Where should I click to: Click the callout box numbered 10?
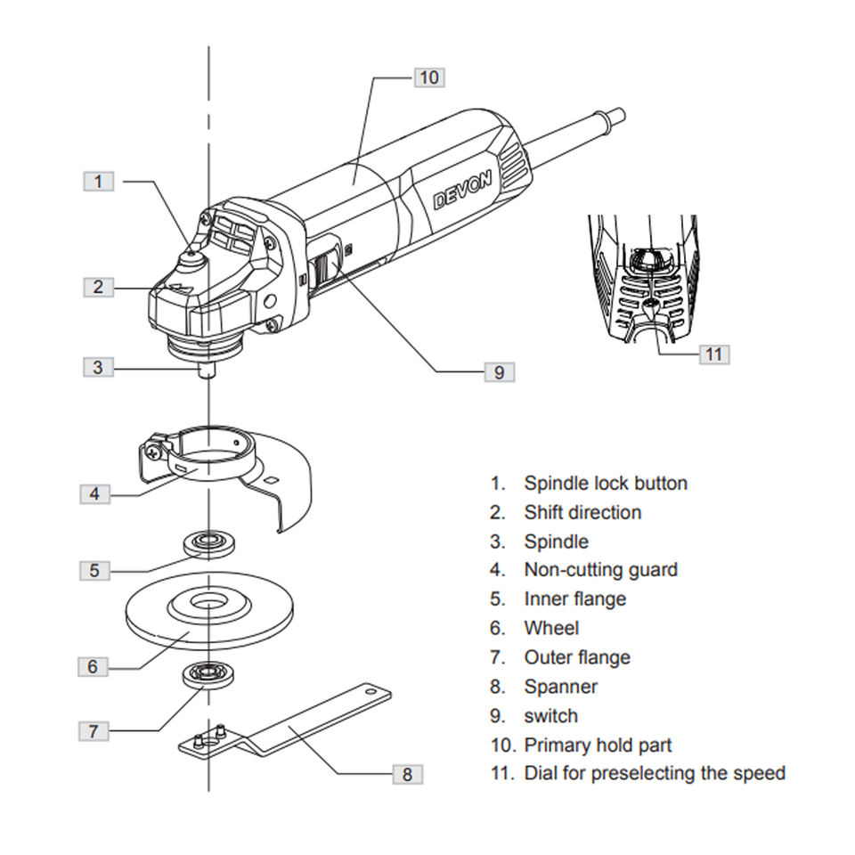pos(429,77)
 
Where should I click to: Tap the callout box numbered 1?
pos(99,182)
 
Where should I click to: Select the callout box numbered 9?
pos(499,372)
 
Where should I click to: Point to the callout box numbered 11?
pos(713,354)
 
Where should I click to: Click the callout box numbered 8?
pos(407,774)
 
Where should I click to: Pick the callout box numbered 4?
pos(94,493)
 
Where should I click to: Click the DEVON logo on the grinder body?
pos(462,190)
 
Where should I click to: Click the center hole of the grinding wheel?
pos(207,603)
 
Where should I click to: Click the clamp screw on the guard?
pos(157,450)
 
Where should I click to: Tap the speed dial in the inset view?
pos(648,261)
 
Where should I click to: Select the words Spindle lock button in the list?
pos(605,484)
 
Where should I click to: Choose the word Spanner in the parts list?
pos(560,687)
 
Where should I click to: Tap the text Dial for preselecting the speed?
pos(654,773)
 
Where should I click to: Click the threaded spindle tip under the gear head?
pos(208,370)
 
